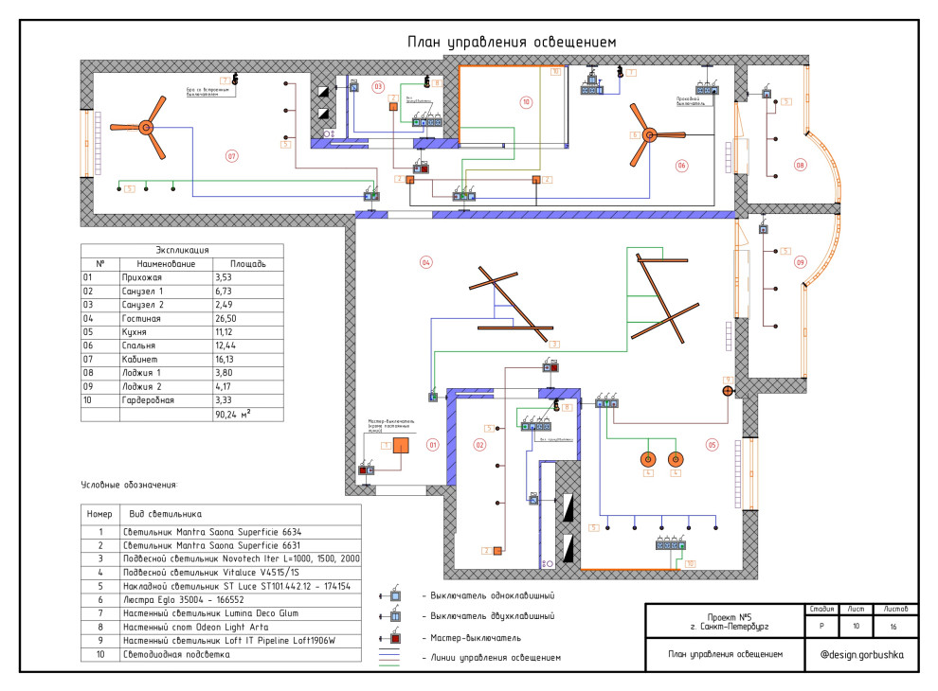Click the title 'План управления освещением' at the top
pos(512,42)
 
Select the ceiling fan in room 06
pos(649,135)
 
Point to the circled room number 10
pos(526,101)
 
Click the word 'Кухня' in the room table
pos(137,333)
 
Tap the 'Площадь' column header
pos(234,263)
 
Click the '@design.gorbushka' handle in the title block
pos(862,654)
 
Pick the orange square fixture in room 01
pos(402,447)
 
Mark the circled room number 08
pos(800,166)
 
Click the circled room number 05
pos(711,443)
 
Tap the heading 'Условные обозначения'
pos(129,485)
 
